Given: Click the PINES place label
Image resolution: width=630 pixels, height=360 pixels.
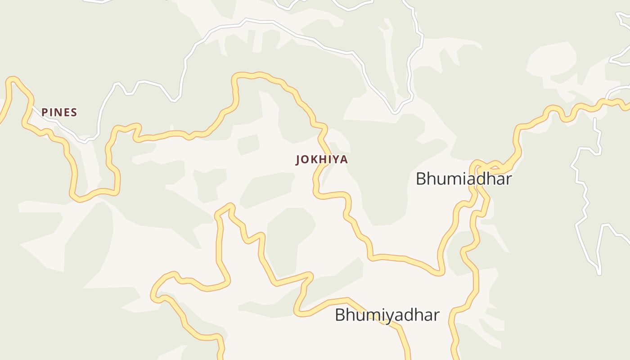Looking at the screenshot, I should tap(59, 112).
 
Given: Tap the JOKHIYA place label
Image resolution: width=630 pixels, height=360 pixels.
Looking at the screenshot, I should tap(322, 160).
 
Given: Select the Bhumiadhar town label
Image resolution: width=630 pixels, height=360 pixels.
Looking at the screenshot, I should tap(463, 179).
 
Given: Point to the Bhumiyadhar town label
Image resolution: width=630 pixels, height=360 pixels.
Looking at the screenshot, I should tap(387, 315).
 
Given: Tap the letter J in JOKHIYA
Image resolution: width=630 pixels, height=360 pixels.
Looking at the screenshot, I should tap(298, 160).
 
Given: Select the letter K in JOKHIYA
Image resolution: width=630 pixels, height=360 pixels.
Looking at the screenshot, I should tap(314, 160).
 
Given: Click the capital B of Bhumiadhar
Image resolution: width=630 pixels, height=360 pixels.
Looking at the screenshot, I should tap(421, 179).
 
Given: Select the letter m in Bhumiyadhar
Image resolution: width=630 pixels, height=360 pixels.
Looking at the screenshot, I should tap(370, 315).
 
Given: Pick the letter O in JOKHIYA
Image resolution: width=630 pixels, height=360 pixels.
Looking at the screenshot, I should tap(305, 160).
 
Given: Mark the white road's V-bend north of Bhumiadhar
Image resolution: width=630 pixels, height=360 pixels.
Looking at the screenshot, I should tap(395, 112).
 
